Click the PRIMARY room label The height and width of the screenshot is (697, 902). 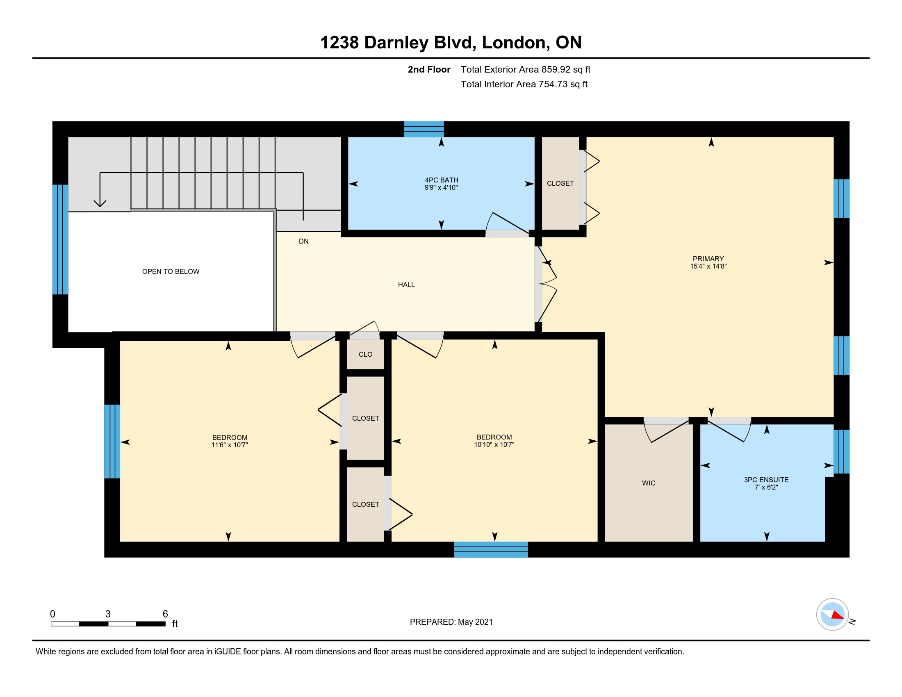tap(708, 258)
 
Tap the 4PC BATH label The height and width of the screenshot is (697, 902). tap(442, 180)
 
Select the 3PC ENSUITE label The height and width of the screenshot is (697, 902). tap(766, 480)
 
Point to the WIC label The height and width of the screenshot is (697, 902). tap(649, 483)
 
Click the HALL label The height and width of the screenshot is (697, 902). tap(406, 285)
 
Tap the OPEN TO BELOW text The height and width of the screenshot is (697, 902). tap(171, 271)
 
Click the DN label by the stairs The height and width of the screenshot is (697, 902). tap(303, 241)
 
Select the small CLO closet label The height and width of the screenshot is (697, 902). tap(365, 354)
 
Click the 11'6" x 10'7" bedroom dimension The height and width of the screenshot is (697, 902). tap(229, 445)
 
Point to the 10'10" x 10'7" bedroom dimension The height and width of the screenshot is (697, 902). tap(494, 444)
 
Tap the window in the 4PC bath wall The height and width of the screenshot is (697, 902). tap(424, 129)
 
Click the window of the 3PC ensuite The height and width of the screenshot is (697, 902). tap(841, 451)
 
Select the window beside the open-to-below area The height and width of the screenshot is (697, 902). tap(60, 239)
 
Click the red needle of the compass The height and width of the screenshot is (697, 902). tap(838, 615)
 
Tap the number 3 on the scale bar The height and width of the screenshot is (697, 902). tap(108, 614)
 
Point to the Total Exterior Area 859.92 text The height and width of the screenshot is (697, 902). tap(525, 69)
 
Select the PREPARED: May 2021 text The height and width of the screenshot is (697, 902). tap(451, 622)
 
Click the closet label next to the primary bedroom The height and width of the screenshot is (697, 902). tap(560, 183)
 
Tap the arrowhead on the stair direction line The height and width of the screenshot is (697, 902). tap(100, 203)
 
